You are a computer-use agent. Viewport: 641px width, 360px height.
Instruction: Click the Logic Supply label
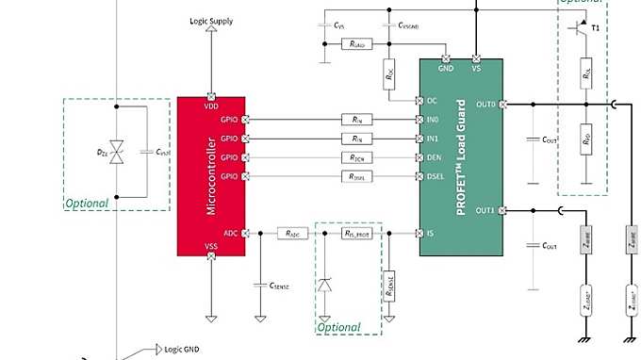coord(211,21)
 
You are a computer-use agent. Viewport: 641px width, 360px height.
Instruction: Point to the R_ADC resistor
coord(291,232)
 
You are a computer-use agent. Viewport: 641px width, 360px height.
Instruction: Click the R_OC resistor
coord(388,74)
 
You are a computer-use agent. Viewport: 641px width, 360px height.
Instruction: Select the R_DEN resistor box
coord(356,157)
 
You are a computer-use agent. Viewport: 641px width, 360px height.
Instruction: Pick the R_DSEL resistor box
coord(356,176)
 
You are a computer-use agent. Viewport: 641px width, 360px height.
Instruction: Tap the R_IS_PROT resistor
coord(349,232)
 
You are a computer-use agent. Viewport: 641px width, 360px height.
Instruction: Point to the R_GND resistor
coord(356,44)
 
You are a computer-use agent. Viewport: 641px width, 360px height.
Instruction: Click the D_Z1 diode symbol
coord(117,150)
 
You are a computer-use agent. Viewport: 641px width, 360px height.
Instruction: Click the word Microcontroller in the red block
coord(212,175)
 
